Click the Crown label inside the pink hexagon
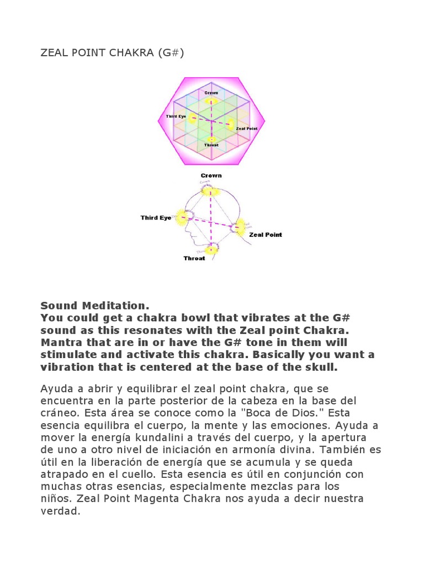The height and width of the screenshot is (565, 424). point(211,93)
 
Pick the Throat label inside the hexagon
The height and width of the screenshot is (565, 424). point(211,145)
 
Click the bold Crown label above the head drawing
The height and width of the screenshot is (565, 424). point(211,175)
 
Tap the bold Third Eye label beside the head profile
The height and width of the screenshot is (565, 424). point(156,218)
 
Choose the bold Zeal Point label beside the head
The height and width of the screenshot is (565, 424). point(266,234)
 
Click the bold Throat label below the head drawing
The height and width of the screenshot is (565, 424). point(194,258)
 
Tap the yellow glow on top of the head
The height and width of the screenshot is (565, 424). point(210,191)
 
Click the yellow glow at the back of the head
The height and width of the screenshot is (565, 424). point(239,226)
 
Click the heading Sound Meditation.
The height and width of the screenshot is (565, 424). point(95,305)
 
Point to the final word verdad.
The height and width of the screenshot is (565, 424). point(61,511)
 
